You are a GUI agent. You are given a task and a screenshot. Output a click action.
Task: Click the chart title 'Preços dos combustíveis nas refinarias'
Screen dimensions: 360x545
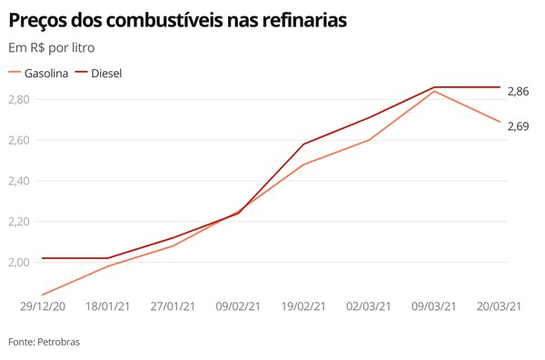[177, 19]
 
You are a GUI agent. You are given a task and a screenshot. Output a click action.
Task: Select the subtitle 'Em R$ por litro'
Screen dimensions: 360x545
[51, 47]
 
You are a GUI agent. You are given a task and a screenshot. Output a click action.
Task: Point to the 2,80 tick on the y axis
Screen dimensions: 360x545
[20, 99]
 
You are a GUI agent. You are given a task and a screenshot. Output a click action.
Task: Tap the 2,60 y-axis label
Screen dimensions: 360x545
[20, 140]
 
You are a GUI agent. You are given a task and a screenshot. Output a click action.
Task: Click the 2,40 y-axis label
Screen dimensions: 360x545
[20, 181]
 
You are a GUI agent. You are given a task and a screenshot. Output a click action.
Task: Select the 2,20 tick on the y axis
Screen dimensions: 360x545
[20, 221]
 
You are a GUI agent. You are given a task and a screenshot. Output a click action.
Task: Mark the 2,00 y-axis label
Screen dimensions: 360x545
[20, 262]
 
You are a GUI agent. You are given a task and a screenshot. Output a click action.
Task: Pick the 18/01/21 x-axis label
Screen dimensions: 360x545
[107, 306]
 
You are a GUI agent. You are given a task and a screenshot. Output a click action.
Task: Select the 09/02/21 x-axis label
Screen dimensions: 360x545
[239, 306]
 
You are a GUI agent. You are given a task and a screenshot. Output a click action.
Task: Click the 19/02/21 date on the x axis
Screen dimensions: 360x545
[302, 306]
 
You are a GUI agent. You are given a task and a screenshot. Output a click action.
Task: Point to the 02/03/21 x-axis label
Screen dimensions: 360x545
[369, 306]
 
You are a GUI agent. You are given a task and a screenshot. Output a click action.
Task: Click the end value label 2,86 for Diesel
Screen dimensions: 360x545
[518, 92]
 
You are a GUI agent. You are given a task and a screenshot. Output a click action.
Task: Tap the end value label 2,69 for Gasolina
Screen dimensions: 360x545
[518, 125]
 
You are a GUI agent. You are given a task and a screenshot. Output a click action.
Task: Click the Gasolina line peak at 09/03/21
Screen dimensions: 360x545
[435, 91]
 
